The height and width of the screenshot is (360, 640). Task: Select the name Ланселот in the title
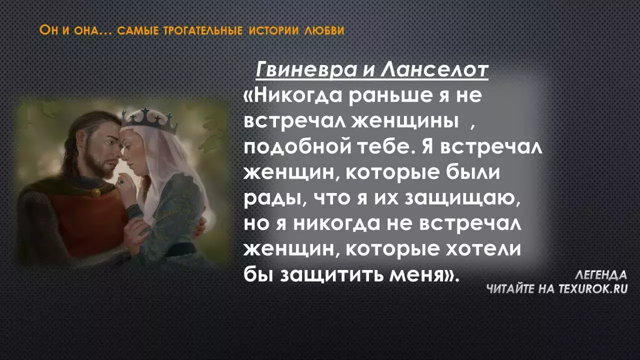tap(434, 69)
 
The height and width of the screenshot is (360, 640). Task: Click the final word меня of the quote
tap(415, 275)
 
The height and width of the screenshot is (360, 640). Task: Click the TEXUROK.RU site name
tap(593, 289)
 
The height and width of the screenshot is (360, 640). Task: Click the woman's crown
tap(149, 120)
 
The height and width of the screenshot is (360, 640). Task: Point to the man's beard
tap(100, 163)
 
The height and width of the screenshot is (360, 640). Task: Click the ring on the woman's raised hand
tap(121, 181)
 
